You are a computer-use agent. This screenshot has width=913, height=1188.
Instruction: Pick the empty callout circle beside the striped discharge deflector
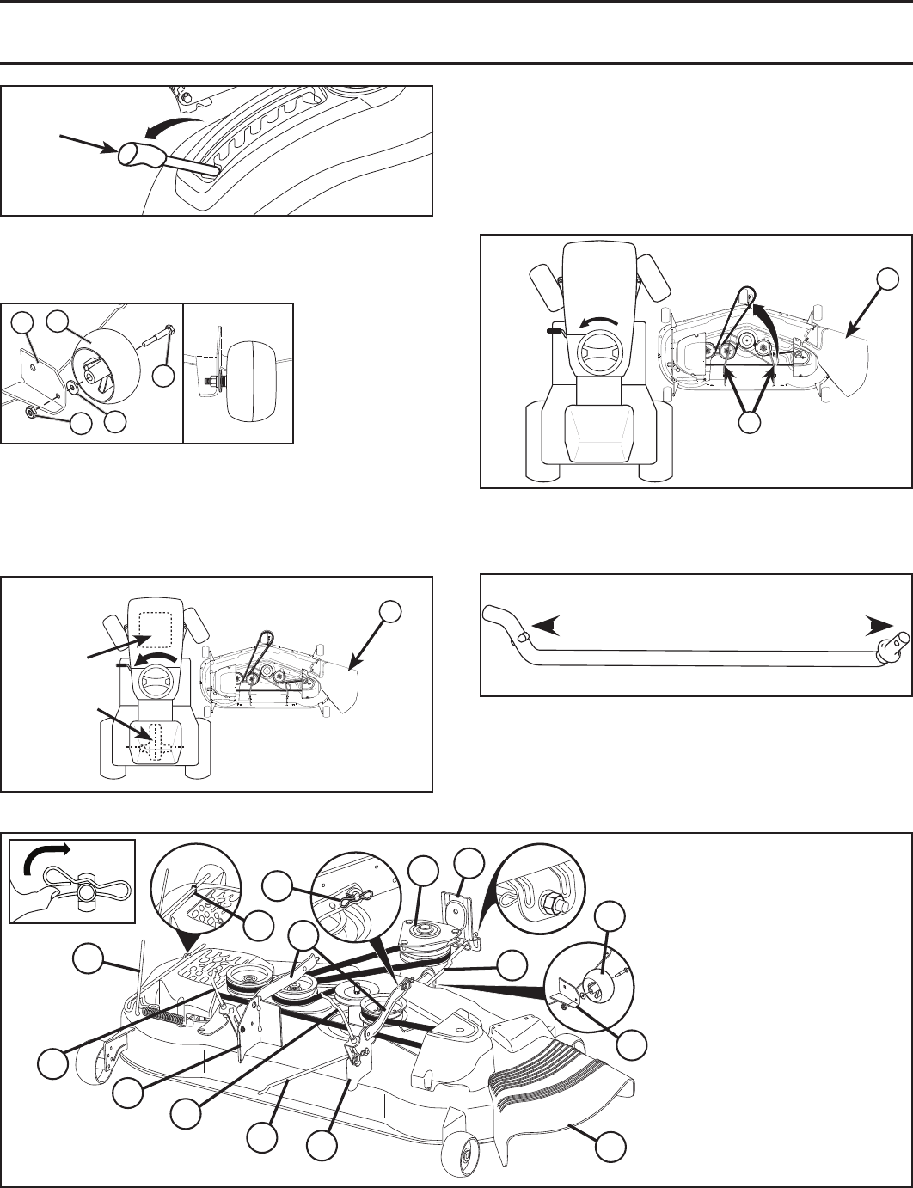[611, 1147]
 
